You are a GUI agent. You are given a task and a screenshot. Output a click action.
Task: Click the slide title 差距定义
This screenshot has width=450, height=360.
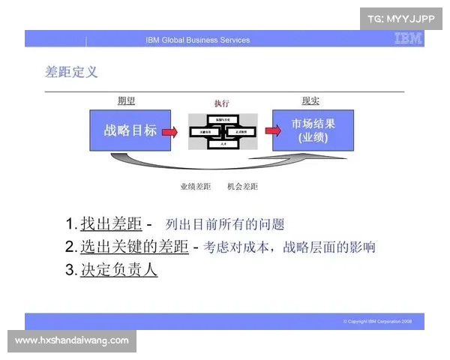(71, 72)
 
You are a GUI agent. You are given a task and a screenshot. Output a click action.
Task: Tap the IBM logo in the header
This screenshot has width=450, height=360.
(408, 39)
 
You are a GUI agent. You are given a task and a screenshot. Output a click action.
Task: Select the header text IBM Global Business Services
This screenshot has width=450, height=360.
(198, 40)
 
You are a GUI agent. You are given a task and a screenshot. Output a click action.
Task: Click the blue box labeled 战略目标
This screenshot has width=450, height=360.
(130, 130)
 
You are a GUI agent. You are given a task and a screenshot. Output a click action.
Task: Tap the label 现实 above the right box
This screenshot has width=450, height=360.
(310, 101)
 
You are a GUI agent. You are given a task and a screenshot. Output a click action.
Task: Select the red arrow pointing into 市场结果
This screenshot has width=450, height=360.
(265, 131)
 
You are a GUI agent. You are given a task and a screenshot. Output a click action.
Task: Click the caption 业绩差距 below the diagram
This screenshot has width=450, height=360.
(196, 186)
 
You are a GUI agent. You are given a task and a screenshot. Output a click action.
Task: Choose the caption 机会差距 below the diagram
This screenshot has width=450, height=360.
(242, 186)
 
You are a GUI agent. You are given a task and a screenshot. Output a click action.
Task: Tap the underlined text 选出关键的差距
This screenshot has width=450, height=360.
(134, 247)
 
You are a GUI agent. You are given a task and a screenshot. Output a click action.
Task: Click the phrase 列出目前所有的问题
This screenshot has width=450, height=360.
(225, 224)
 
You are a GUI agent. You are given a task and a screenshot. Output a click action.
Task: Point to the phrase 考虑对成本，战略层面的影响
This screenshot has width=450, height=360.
(289, 247)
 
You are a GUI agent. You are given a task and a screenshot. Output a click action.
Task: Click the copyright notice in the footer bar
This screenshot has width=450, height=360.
(377, 321)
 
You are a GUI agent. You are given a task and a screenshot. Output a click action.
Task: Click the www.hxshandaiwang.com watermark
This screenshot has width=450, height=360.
(72, 340)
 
